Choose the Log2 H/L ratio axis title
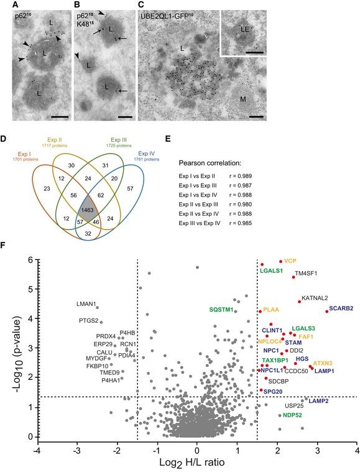pyautogui.click(x=196, y=463)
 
